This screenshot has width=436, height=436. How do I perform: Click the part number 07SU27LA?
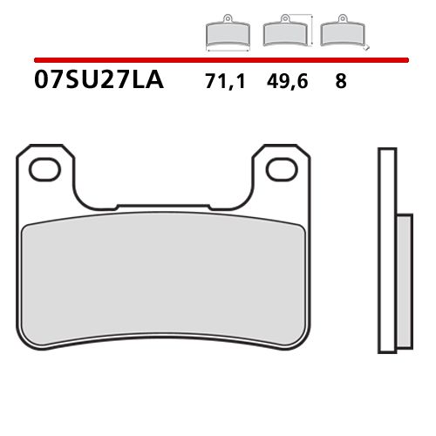pos(99,84)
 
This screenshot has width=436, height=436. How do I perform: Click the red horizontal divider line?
pos(218,60)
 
